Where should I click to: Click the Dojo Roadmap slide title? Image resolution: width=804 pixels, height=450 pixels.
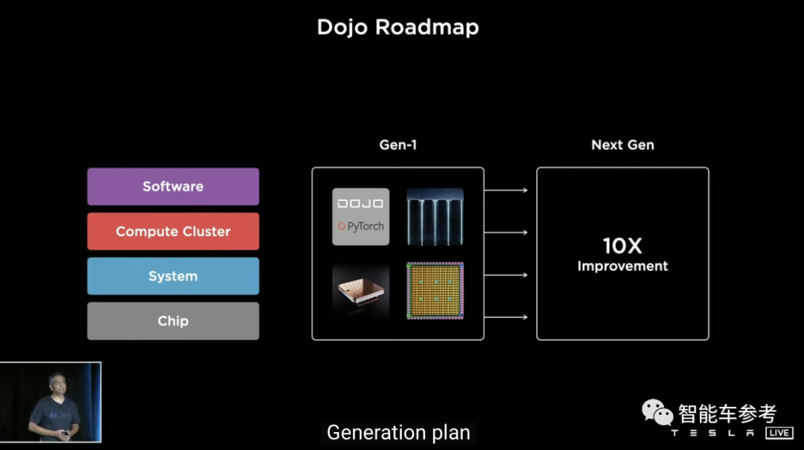point(398,28)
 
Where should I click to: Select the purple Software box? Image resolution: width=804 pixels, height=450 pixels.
point(173,186)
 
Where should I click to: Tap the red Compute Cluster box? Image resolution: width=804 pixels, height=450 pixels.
point(173,231)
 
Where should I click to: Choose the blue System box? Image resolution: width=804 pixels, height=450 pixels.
point(173,276)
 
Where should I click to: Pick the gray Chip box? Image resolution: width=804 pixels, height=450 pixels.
point(173,320)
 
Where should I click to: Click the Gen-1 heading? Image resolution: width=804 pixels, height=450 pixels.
point(398,145)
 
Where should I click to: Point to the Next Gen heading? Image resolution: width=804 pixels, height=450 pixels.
point(622,145)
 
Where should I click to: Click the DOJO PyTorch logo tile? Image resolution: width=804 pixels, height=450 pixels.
point(360,216)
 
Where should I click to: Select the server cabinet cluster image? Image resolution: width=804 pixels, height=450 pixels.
point(435,216)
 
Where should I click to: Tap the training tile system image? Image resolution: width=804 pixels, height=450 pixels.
point(360,291)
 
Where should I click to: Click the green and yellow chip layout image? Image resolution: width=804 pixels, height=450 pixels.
point(435,291)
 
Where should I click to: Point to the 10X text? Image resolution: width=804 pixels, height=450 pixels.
point(622,246)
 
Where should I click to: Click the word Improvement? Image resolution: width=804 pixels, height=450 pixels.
point(622,266)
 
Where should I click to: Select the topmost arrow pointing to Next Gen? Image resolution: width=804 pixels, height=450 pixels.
point(506,190)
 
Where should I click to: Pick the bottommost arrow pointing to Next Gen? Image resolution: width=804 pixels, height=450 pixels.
point(506,317)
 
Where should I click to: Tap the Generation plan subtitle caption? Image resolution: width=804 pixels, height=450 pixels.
point(398,432)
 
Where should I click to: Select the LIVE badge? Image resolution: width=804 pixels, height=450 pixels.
point(779,433)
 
